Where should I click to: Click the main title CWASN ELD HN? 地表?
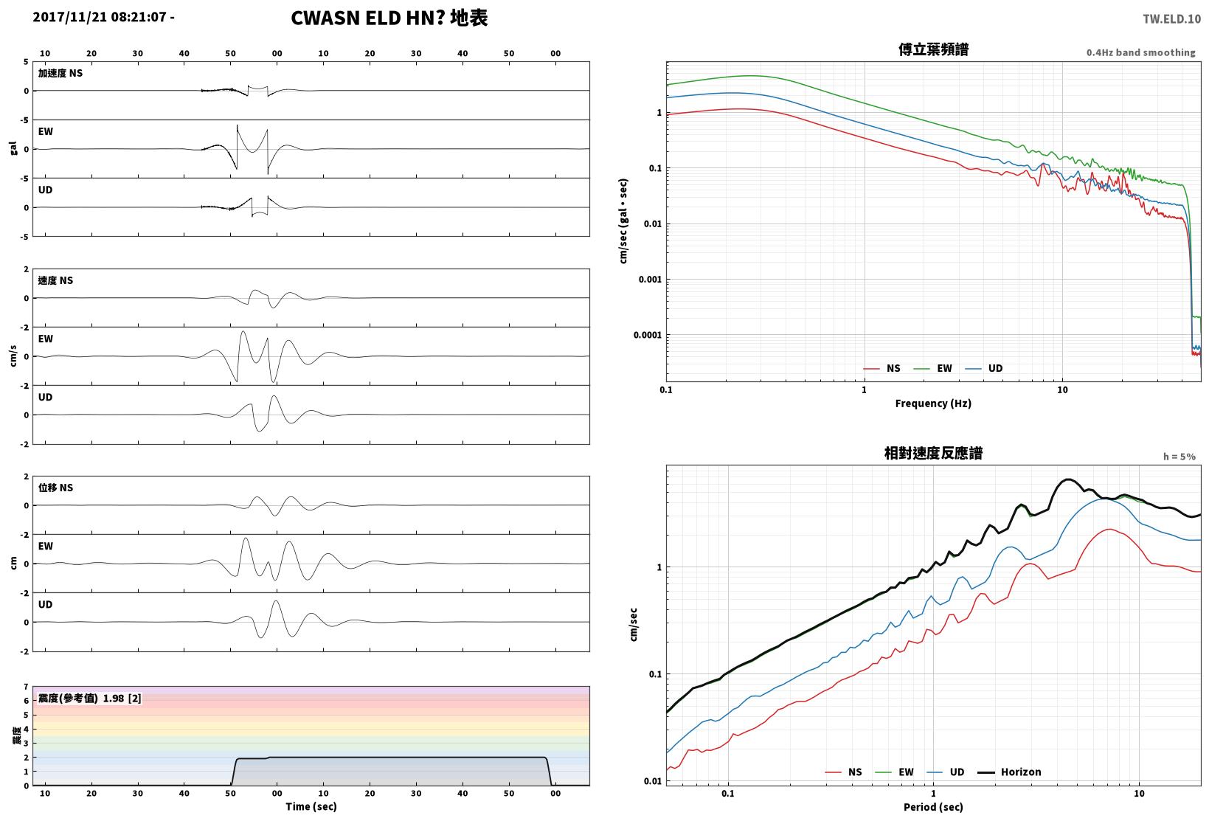pos(389,18)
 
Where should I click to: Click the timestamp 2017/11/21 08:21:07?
pos(100,17)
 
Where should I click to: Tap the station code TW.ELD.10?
pos(1172,19)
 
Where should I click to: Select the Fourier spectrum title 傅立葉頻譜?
pos(933,49)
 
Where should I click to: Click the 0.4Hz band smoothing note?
pos(1141,52)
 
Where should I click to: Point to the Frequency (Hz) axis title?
pos(933,403)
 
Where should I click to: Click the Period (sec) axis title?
pos(933,807)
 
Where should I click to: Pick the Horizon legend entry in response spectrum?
pos(1010,772)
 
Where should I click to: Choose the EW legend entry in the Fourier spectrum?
pos(933,368)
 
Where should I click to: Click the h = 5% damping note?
pos(1179,457)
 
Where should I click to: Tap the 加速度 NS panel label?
pos(60,73)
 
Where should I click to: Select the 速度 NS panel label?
pos(55,280)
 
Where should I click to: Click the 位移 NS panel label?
pos(55,488)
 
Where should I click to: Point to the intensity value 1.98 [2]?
pos(122,698)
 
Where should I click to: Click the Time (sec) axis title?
pos(311,806)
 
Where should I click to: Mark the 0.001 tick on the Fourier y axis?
pos(650,279)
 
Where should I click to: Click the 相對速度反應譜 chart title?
pos(933,453)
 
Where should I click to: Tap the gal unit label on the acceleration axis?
pos(13,148)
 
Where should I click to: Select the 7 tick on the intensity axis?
pos(26,687)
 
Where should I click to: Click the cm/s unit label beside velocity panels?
pos(13,356)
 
